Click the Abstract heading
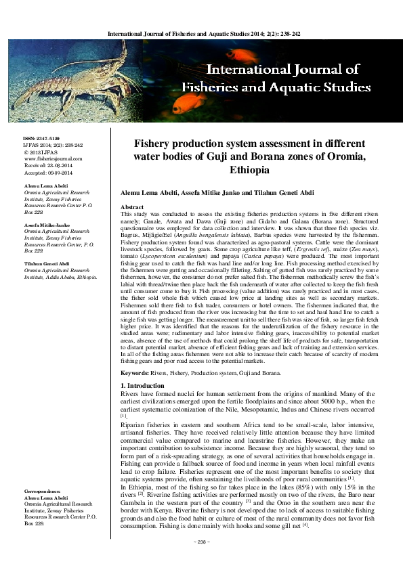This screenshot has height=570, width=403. click(131, 206)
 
